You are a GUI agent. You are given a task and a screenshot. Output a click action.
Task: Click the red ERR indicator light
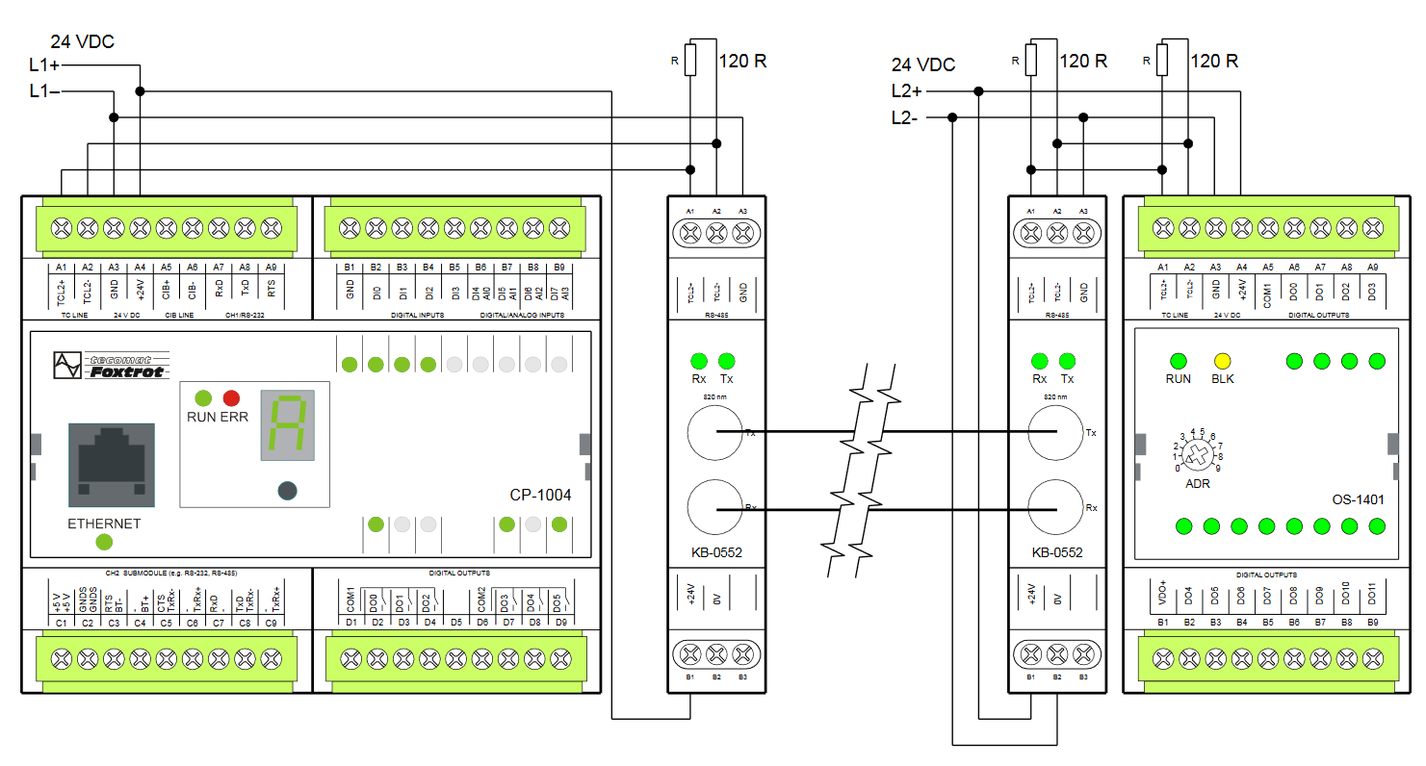coord(231,397)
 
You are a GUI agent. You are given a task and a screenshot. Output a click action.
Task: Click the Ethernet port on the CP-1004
coord(111,464)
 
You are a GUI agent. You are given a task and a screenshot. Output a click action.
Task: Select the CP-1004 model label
coord(540,496)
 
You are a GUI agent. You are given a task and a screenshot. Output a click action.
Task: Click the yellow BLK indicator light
coord(1223,362)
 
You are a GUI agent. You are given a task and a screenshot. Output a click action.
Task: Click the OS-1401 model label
coord(1358,499)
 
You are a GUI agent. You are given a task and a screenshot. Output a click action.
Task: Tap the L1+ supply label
coord(44,64)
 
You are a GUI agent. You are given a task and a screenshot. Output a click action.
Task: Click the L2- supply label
coord(904,118)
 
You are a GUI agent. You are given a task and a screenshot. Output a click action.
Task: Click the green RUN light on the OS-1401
coord(1178,362)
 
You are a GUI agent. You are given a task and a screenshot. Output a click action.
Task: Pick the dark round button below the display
coord(286,491)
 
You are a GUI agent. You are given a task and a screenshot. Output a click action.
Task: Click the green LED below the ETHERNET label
coord(104,542)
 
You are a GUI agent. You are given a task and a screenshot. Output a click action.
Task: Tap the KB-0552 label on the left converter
coord(715,553)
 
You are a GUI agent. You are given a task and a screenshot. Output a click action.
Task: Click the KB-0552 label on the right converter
coord(1056,553)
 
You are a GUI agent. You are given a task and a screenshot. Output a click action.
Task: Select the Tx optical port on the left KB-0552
coord(715,433)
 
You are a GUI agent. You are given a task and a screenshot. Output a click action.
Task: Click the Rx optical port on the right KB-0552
coord(1055,506)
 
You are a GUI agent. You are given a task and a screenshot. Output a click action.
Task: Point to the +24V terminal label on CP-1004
coord(140,289)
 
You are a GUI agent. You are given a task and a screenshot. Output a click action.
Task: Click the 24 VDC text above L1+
coord(83,41)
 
